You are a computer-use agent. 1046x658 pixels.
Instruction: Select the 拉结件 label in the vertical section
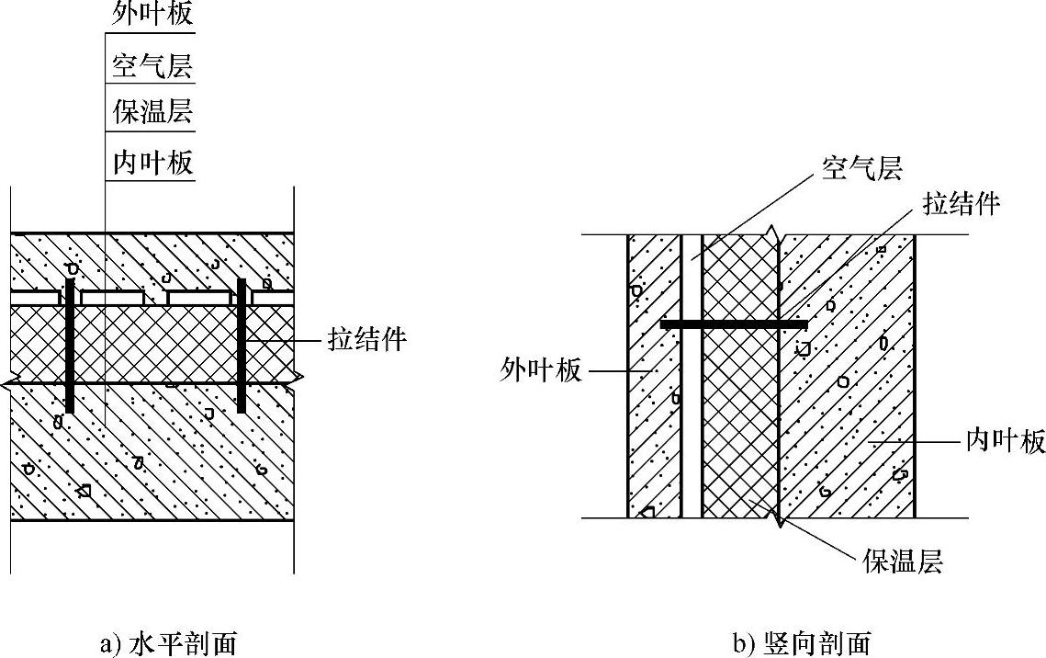click(961, 203)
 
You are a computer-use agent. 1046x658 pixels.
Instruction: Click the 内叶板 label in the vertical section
click(1006, 441)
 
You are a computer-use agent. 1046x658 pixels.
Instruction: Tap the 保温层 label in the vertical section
click(903, 560)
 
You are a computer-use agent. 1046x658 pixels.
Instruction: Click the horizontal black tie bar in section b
click(734, 324)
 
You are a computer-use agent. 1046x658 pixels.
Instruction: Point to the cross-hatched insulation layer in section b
click(739, 414)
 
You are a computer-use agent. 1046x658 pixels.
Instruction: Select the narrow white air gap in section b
click(691, 414)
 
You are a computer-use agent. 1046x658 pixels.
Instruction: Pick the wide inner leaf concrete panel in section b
click(845, 414)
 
